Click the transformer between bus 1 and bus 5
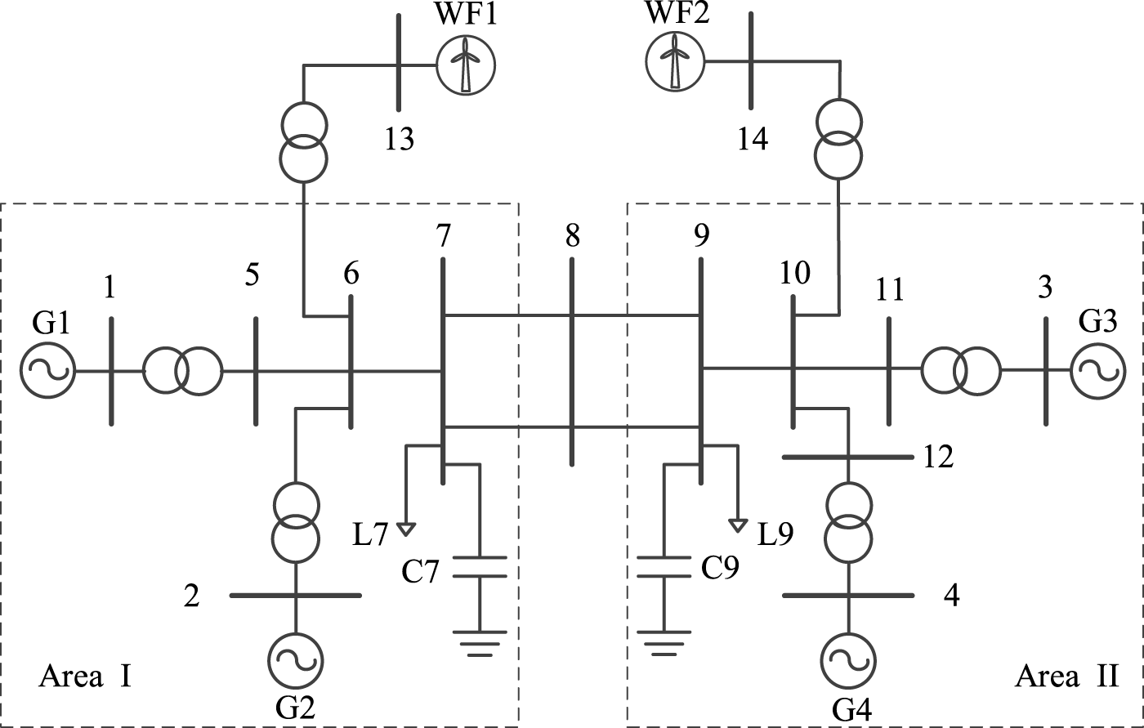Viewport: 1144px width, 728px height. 182,371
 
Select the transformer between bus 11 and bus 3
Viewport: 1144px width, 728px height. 960,370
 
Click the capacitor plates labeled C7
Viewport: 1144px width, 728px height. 479,567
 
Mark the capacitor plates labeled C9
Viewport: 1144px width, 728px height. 664,567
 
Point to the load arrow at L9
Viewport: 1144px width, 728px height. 738,525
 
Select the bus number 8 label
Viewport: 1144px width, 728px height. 571,237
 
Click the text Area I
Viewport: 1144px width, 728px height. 85,677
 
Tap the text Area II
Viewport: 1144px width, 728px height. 1066,677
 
